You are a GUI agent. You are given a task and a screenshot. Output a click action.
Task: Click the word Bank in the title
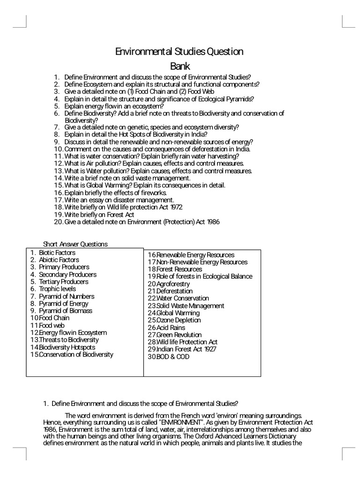(180, 66)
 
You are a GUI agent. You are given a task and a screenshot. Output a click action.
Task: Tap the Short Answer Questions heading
(75, 244)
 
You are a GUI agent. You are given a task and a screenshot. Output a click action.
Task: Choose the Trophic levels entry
(57, 289)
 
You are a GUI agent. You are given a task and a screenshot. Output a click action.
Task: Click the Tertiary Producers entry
(63, 282)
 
